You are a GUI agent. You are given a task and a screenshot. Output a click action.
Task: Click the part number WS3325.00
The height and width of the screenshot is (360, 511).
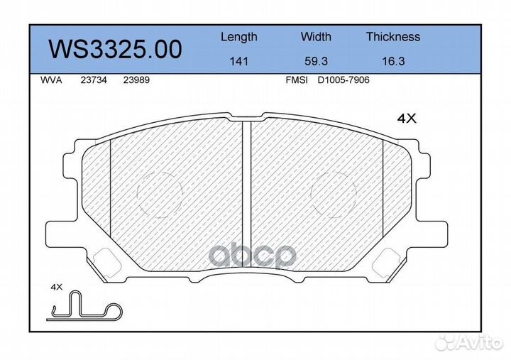(115, 50)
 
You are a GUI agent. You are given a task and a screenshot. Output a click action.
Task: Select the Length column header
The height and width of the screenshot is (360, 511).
(239, 37)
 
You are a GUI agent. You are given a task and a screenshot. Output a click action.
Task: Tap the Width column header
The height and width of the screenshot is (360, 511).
(316, 36)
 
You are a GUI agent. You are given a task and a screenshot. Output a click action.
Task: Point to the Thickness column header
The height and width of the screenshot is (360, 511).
(393, 36)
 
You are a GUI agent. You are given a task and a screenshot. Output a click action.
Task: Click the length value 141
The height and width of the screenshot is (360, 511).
(239, 61)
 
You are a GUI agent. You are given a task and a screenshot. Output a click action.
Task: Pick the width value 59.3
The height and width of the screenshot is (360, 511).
(316, 61)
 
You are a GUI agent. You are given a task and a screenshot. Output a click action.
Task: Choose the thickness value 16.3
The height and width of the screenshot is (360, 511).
(393, 61)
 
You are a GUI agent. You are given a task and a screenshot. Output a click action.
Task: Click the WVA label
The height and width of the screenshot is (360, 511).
(51, 80)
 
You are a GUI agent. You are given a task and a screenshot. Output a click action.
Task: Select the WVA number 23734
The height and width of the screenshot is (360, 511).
(94, 80)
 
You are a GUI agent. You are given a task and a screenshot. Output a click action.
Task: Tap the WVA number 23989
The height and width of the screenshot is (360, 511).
(136, 80)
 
